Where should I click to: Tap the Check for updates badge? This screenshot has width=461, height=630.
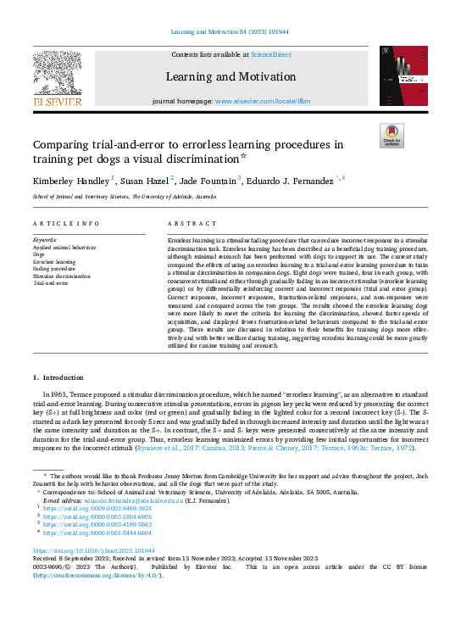click(392, 137)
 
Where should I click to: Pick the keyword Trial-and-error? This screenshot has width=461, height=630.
click(52, 283)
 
